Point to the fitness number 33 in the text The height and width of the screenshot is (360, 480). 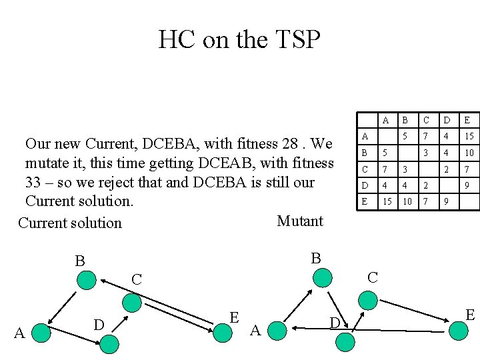(35, 183)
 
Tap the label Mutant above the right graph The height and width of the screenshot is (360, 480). (300, 221)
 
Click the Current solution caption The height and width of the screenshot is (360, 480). (70, 223)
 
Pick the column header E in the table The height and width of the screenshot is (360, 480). (467, 121)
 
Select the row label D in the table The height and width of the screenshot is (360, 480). (364, 185)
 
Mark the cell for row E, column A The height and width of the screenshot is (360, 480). (385, 201)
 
